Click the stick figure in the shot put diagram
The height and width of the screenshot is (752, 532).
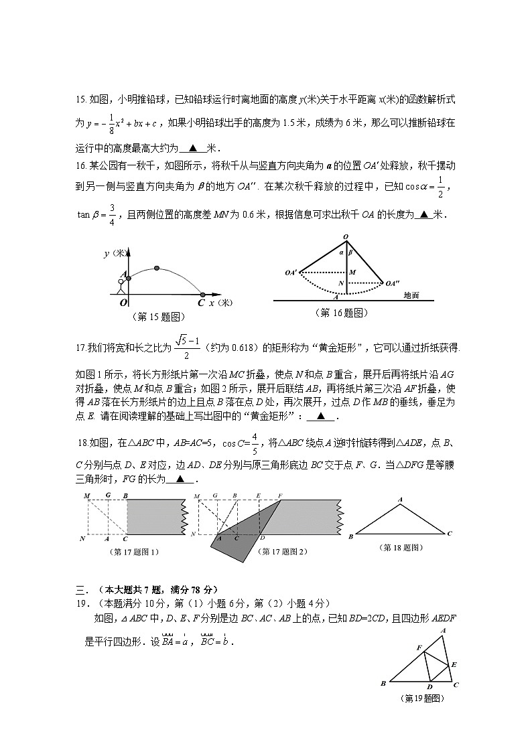click(121, 285)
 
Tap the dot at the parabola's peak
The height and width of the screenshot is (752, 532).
click(157, 268)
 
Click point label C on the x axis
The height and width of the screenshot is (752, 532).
click(201, 303)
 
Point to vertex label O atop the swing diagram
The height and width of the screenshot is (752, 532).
click(346, 237)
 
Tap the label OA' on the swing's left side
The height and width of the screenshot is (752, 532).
click(291, 273)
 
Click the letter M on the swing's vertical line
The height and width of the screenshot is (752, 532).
click(352, 272)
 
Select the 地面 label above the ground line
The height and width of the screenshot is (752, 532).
click(411, 295)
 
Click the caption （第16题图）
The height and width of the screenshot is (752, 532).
click(341, 312)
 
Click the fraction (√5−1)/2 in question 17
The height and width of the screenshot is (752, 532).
click(187, 347)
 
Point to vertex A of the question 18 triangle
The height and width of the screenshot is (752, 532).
click(400, 500)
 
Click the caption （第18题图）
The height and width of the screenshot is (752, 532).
click(401, 547)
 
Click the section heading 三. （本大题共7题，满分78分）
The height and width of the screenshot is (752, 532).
click(146, 589)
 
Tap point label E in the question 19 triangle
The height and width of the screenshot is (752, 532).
click(454, 664)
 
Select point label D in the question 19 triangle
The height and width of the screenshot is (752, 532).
click(429, 686)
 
